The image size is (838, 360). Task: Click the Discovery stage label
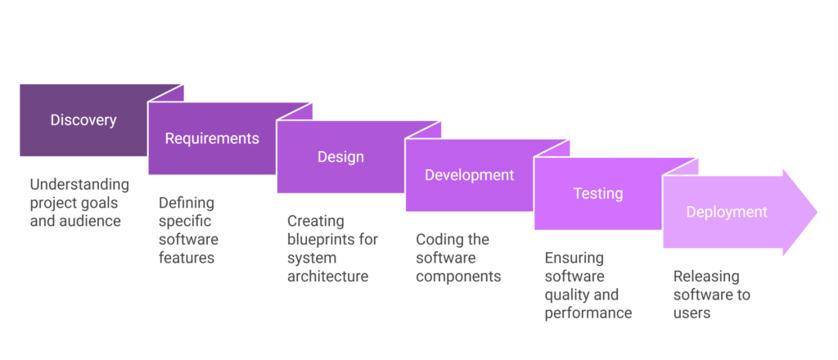[83, 120]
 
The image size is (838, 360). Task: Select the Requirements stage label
[212, 138]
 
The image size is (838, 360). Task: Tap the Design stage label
[340, 156]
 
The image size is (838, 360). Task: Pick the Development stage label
[469, 174]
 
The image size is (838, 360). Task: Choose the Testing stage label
[598, 193]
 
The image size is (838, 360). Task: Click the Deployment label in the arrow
[727, 212]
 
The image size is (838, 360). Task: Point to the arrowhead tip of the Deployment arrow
[818, 212]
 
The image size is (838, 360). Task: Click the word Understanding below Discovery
[79, 185]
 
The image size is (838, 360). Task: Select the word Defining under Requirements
[187, 203]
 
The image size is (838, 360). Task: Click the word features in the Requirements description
[187, 258]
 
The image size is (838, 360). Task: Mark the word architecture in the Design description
[327, 277]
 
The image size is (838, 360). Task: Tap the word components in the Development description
[458, 277]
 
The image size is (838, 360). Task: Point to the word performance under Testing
[588, 313]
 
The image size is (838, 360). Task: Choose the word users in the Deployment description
[692, 313]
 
